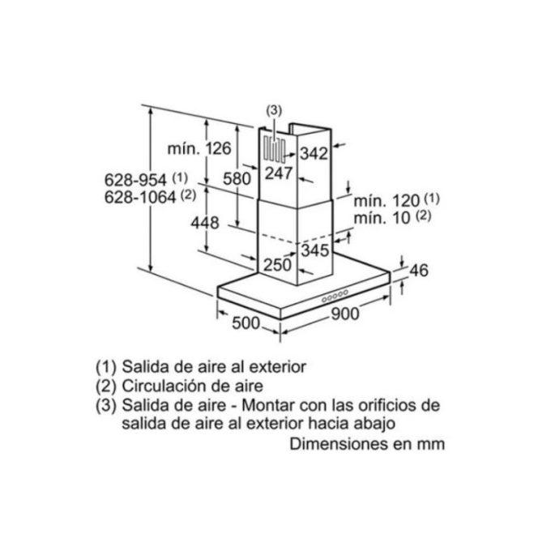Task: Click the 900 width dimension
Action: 345,314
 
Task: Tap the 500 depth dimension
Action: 246,323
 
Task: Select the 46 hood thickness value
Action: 419,271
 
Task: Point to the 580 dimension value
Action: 237,179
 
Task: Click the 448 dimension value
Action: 205,223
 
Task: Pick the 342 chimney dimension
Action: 314,154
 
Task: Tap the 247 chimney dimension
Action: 279,173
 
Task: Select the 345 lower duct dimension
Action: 315,250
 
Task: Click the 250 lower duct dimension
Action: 278,265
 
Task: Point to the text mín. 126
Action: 199,148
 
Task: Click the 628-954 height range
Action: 135,180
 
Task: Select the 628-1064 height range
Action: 140,197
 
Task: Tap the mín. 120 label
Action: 387,201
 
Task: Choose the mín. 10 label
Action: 382,218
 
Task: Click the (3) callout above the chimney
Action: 274,110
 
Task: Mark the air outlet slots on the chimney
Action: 275,150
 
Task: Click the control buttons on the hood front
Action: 335,296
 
